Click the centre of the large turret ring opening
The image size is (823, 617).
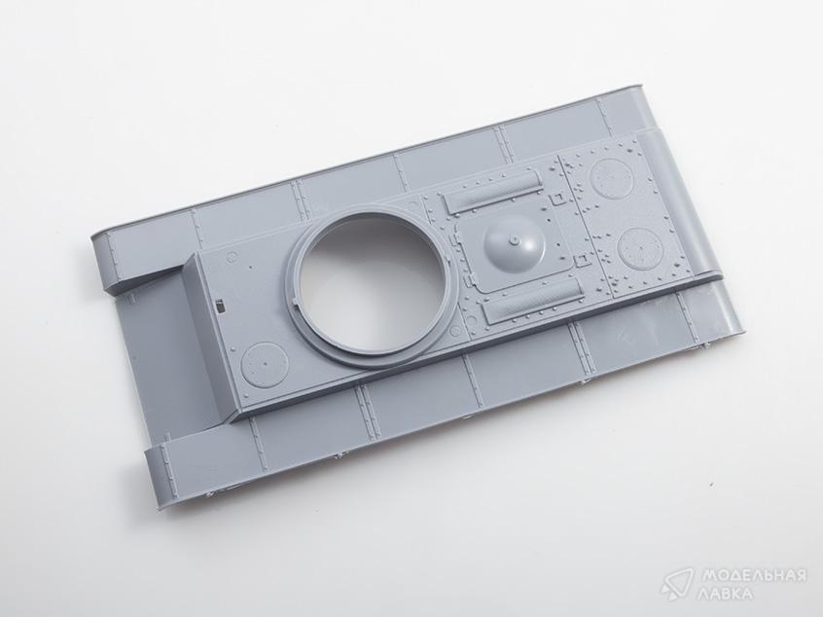pos(369,283)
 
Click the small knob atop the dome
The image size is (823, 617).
pos(515,240)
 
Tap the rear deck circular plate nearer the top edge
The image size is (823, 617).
pos(608,175)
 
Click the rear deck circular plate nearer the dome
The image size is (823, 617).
pos(639,246)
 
